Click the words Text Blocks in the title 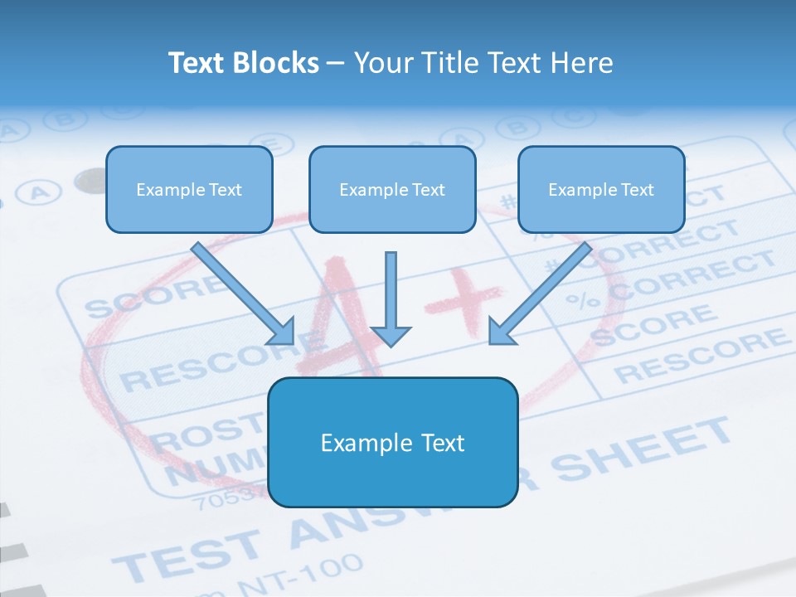point(243,63)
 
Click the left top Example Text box point(189,190)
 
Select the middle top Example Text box point(392,190)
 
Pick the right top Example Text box point(601,190)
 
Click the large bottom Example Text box point(392,443)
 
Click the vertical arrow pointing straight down point(391,298)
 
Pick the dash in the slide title point(336,64)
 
